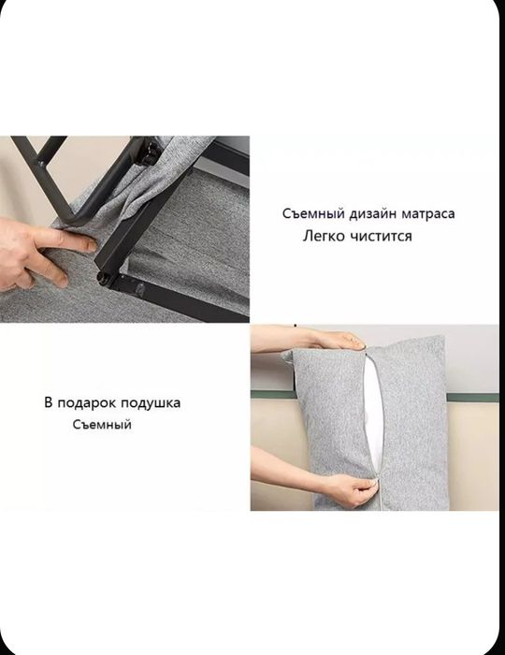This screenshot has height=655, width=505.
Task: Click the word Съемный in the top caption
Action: click(308, 214)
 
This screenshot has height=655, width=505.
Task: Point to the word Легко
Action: click(325, 237)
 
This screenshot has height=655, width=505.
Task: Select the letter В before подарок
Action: click(49, 403)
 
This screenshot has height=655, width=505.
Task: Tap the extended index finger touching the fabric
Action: click(70, 242)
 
